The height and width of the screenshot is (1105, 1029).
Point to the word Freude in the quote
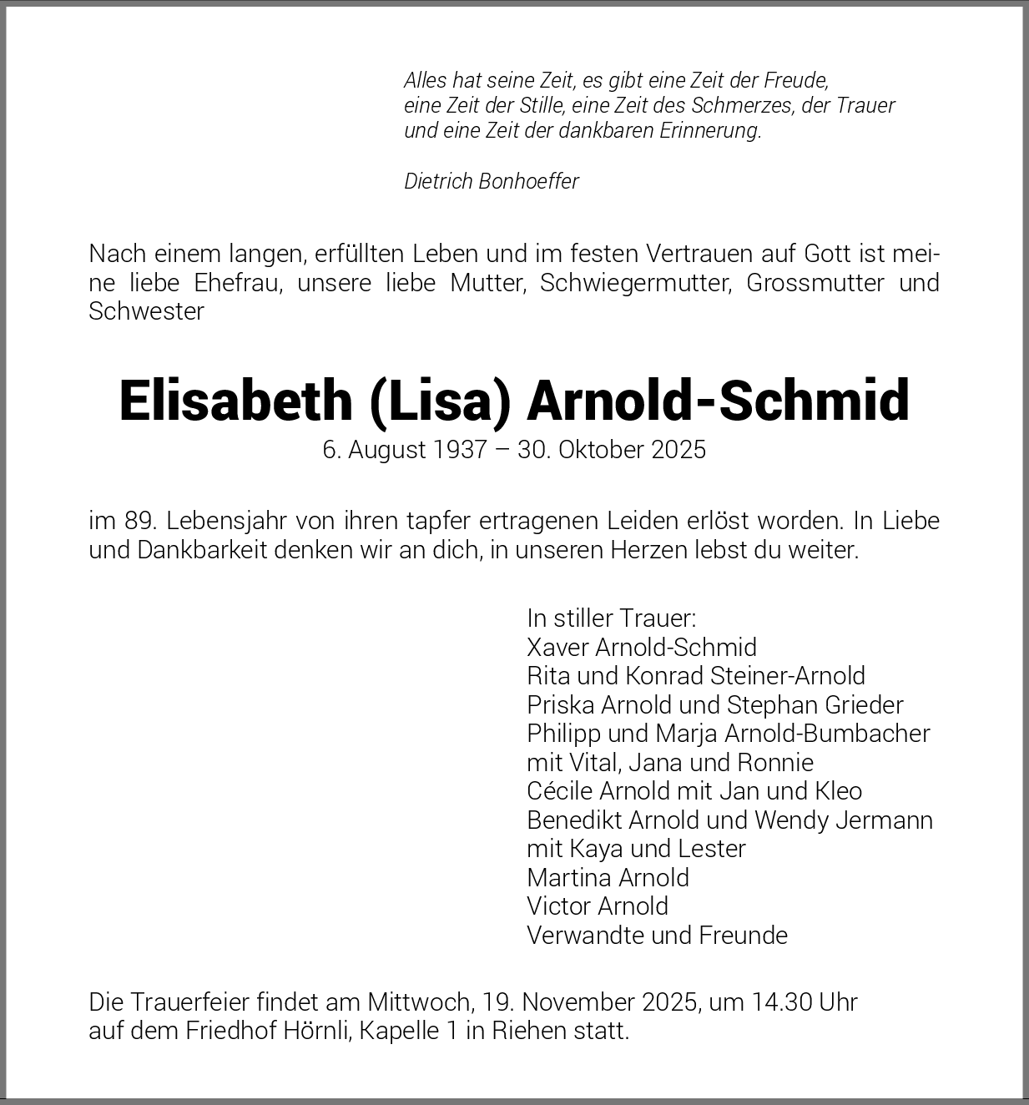point(799,81)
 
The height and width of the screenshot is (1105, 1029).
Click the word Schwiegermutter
point(635,282)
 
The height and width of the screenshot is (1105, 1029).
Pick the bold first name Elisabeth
point(235,400)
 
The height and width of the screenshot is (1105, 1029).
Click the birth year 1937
point(460,450)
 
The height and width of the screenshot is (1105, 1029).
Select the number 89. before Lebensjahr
point(139,521)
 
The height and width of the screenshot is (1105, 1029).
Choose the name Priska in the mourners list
point(560,704)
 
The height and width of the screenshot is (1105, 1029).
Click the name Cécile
point(559,790)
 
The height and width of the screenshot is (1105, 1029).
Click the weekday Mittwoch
point(420,1002)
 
